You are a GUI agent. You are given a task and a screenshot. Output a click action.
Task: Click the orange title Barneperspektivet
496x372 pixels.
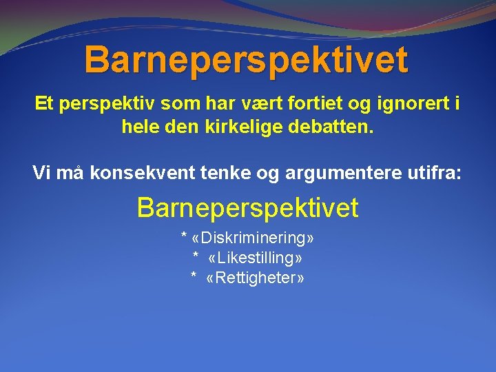247,60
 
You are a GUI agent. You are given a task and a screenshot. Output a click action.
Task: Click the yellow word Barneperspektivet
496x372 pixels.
248,207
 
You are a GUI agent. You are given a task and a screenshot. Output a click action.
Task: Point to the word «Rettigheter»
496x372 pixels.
255,278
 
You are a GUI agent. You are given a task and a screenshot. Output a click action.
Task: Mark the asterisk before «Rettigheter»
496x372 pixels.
194,278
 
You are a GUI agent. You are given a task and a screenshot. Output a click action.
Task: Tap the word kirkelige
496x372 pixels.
248,127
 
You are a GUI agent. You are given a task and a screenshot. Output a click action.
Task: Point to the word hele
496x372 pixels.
138,127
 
